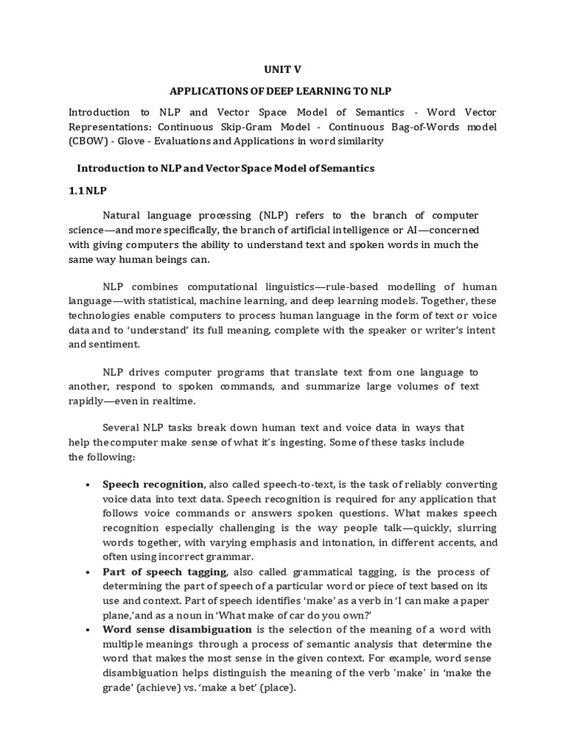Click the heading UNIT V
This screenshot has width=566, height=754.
(x=283, y=69)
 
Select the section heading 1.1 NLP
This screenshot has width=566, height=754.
(x=88, y=191)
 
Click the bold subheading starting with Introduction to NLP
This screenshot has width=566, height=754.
(x=226, y=168)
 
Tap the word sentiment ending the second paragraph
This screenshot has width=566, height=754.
(x=116, y=344)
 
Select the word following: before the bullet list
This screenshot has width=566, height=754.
(x=110, y=457)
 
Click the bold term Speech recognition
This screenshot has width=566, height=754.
(x=153, y=485)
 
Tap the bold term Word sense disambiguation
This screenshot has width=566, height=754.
(x=177, y=630)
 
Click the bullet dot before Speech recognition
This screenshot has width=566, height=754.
(x=88, y=485)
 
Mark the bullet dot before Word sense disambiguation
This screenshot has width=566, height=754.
(x=88, y=631)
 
